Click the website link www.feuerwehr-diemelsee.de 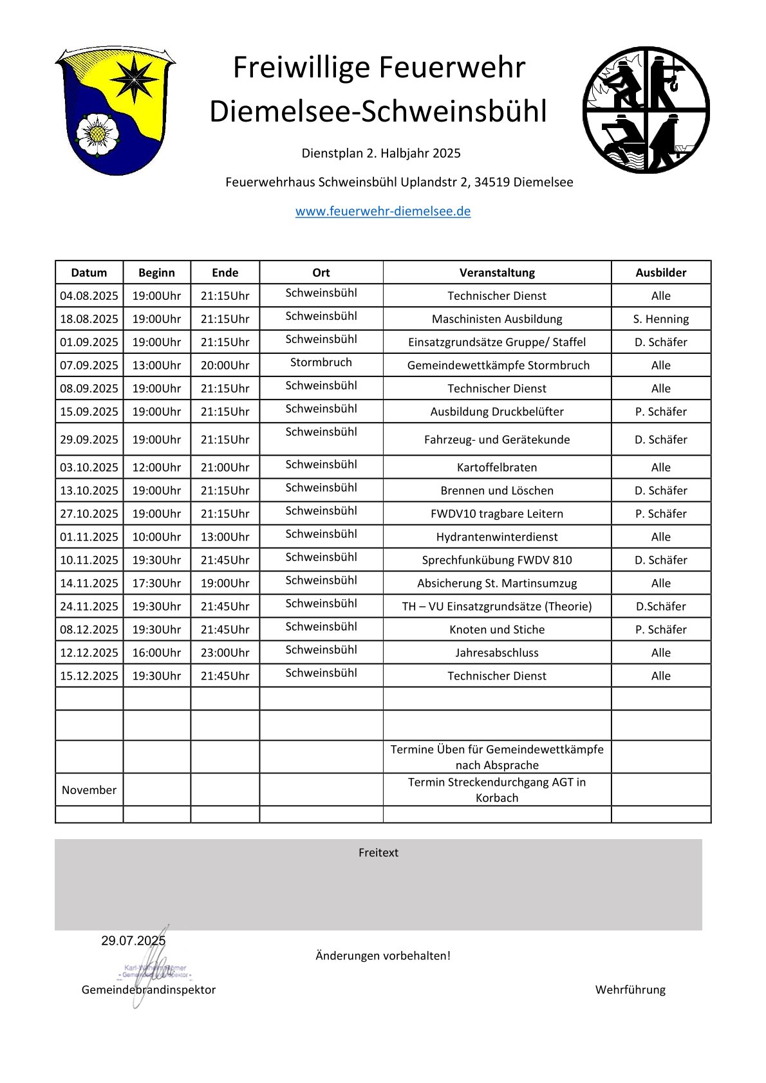coord(383,211)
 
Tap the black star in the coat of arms coord(134,79)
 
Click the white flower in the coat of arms coord(97,134)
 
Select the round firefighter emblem coord(646,109)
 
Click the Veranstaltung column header coord(497,272)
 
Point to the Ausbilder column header coord(661,272)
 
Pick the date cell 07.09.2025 coord(89,365)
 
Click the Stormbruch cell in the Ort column coord(321,362)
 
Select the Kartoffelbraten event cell coord(497,467)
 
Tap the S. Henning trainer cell coord(661,319)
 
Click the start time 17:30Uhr coord(156,583)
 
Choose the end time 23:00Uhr coord(225,653)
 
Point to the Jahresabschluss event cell coord(497,653)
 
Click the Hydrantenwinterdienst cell coord(497,537)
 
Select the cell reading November coord(89,790)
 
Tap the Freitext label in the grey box coord(378,853)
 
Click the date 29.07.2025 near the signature coord(133,941)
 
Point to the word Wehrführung coord(630,990)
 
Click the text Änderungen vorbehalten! coord(383,956)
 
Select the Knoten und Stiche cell coord(497,629)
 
